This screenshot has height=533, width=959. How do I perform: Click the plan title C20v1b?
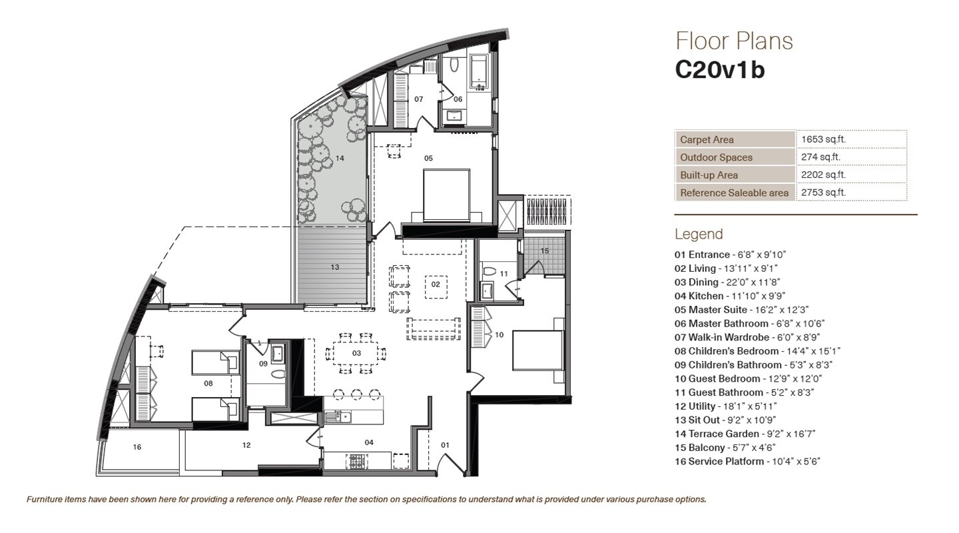pos(720,70)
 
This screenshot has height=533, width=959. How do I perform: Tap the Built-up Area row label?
pos(709,175)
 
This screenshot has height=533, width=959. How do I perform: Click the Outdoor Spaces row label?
pos(716,158)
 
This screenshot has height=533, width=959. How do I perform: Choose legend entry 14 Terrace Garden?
pos(745,434)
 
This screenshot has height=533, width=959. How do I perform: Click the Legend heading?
pos(698,235)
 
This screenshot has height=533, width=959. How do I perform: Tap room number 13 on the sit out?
pos(335,267)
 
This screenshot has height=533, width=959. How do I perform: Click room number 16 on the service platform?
pos(137,447)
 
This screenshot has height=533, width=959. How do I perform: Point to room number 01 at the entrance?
pos(446,444)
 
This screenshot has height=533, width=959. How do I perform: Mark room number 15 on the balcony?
pos(545,251)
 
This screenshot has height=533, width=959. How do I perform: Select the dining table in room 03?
pos(356,353)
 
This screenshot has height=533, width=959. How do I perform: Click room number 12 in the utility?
pos(246,445)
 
